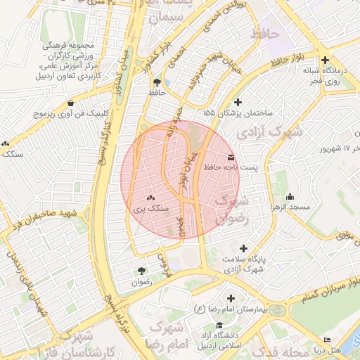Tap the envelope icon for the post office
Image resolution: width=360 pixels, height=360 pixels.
[231, 156]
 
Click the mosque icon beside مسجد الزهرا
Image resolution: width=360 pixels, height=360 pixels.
[290, 197]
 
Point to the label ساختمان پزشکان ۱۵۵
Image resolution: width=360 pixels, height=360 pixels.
[238, 112]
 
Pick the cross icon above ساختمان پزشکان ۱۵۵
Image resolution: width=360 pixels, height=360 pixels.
[238, 102]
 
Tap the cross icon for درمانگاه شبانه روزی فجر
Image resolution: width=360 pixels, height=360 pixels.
[325, 60]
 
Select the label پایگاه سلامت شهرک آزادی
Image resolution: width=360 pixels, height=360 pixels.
[243, 264]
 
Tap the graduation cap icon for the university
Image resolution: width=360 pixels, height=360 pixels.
[221, 326]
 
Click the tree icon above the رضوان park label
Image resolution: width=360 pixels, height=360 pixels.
[142, 271]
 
